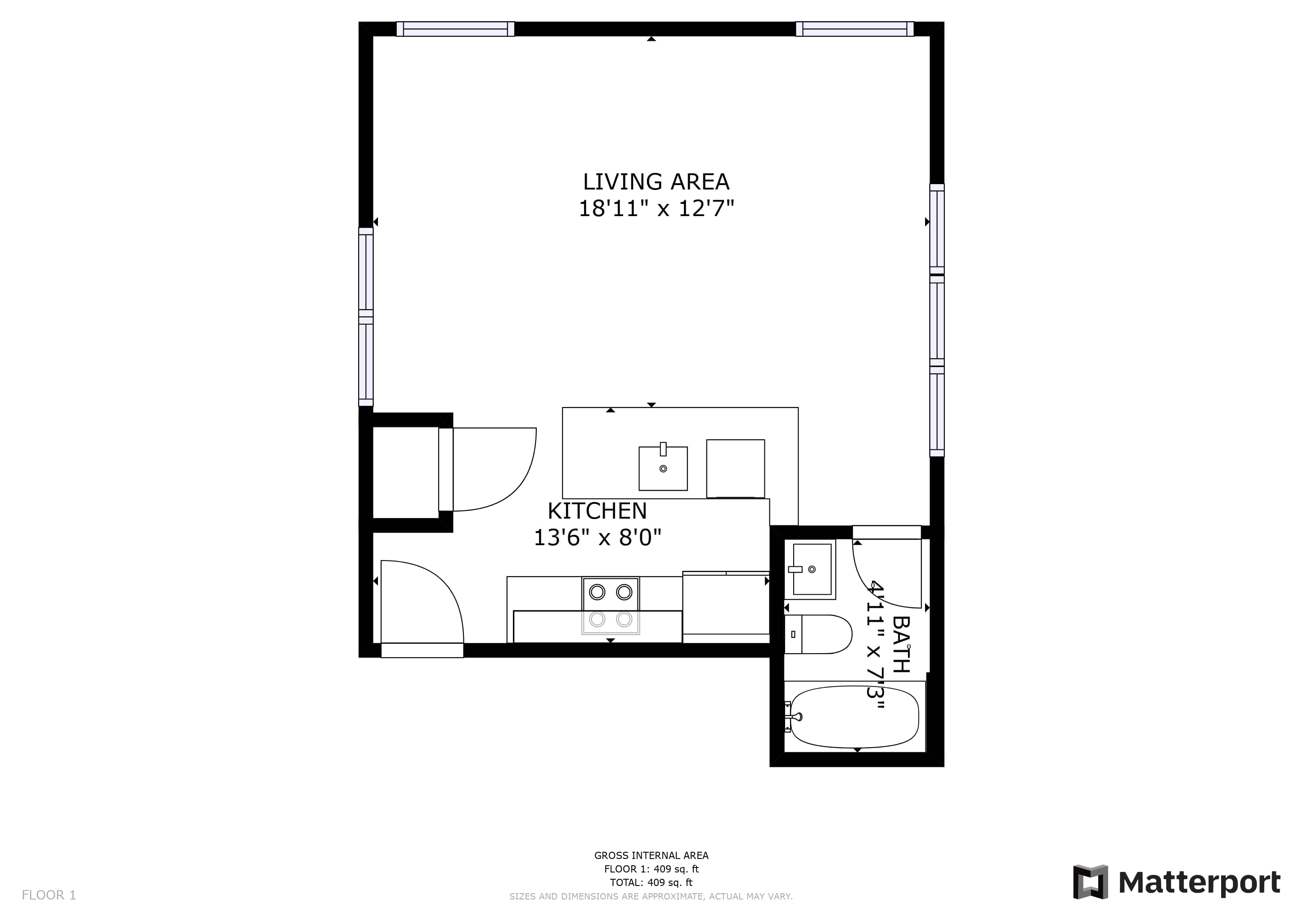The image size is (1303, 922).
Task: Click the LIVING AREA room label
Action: coord(656,182)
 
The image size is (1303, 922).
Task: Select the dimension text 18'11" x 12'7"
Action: coord(656,208)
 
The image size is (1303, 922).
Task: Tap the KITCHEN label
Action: coord(597,511)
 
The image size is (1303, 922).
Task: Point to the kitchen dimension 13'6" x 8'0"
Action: coord(598,537)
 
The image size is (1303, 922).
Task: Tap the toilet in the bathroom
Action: coord(818,634)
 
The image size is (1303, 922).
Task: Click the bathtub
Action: coord(854,717)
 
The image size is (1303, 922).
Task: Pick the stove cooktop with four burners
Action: coord(611,606)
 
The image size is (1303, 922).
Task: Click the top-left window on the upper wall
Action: coord(455,29)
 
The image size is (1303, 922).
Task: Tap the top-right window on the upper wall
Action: coord(855,29)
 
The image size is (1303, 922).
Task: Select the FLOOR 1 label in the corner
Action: coord(49,895)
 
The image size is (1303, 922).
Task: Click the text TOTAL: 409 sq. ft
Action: coord(651,882)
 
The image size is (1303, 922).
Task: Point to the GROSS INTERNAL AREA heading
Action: coord(651,855)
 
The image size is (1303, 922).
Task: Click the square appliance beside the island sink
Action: coord(736,469)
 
